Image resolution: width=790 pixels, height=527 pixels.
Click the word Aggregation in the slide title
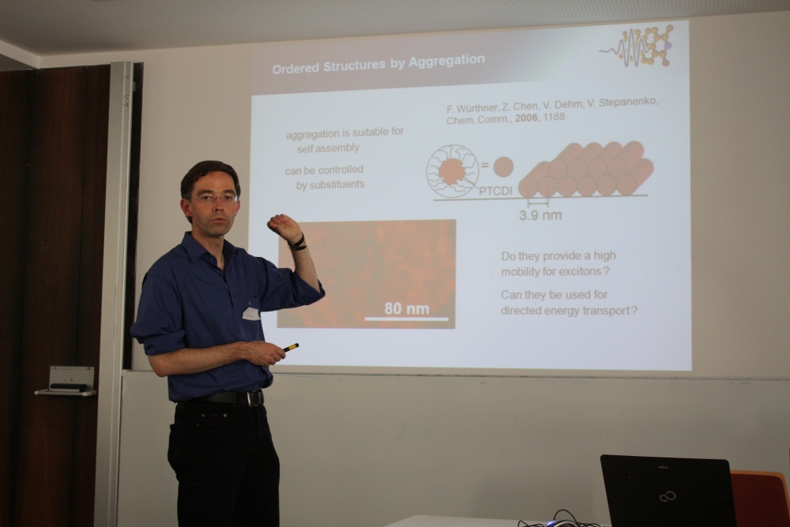pyautogui.click(x=446, y=62)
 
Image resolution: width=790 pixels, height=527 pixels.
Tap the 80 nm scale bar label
pyautogui.click(x=407, y=308)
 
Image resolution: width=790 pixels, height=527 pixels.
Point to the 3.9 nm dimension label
pyautogui.click(x=540, y=215)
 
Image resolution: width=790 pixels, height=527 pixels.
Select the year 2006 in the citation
pyautogui.click(x=526, y=118)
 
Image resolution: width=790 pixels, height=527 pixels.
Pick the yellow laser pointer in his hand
pyautogui.click(x=291, y=347)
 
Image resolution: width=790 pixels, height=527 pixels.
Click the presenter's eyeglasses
pyautogui.click(x=215, y=198)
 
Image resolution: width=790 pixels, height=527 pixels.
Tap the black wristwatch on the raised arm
pyautogui.click(x=298, y=243)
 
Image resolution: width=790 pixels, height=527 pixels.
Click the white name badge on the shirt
pyautogui.click(x=251, y=314)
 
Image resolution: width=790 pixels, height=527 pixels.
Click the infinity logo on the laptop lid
pyautogui.click(x=668, y=497)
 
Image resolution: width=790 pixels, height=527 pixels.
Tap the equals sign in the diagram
pyautogui.click(x=484, y=164)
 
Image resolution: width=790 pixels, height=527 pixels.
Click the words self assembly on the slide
pyautogui.click(x=328, y=149)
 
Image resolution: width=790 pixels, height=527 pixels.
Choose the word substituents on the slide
pyautogui.click(x=330, y=185)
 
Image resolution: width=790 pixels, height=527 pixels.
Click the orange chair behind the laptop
pyautogui.click(x=760, y=499)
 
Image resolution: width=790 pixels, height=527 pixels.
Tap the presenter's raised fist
pyautogui.click(x=284, y=228)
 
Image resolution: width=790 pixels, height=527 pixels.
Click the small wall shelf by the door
pyautogui.click(x=66, y=382)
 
